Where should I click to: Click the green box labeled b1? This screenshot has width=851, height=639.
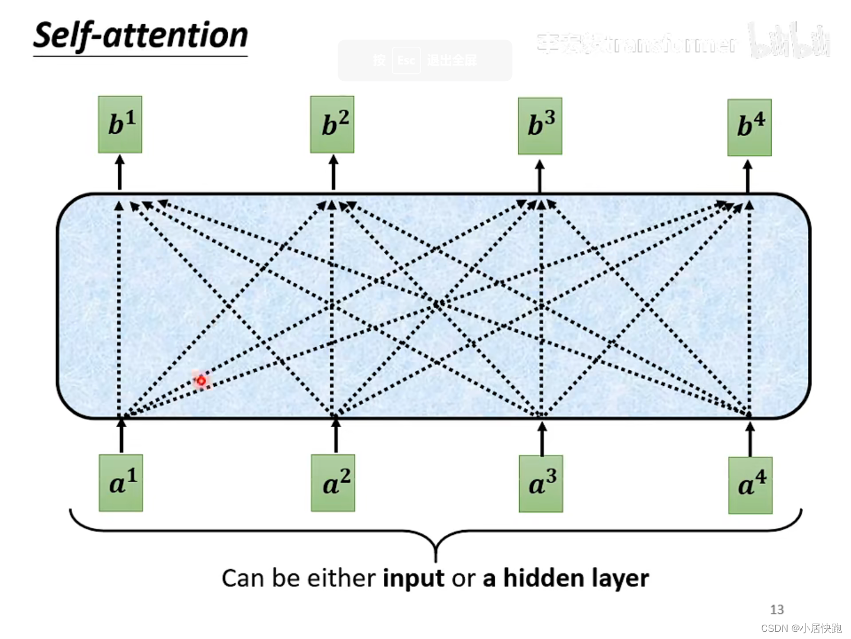pyautogui.click(x=120, y=124)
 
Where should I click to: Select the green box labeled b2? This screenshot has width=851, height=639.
pyautogui.click(x=332, y=124)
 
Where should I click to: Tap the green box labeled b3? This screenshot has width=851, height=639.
pyautogui.click(x=540, y=126)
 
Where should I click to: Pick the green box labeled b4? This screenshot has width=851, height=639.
pyautogui.click(x=749, y=127)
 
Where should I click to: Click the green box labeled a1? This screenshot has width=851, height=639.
pyautogui.click(x=121, y=483)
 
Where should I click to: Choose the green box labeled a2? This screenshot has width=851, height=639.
pyautogui.click(x=333, y=483)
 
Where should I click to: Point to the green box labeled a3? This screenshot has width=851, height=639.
pyautogui.click(x=541, y=483)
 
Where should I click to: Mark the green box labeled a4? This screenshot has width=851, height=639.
pyautogui.click(x=750, y=485)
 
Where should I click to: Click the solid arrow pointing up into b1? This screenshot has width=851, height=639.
pyautogui.click(x=120, y=172)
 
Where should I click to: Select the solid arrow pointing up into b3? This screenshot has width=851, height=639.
pyautogui.click(x=539, y=176)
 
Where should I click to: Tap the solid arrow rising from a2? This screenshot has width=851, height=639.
pyautogui.click(x=336, y=434)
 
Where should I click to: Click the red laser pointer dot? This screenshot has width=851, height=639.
pyautogui.click(x=201, y=380)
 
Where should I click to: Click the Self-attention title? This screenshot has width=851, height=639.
pyautogui.click(x=141, y=35)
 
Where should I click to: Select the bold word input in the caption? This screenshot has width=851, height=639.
pyautogui.click(x=413, y=578)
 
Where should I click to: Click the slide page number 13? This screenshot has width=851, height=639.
pyautogui.click(x=776, y=609)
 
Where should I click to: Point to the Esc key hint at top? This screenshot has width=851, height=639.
pyautogui.click(x=406, y=60)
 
